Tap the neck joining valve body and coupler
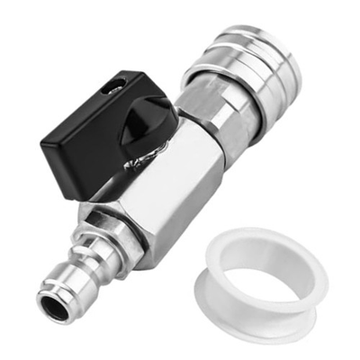202,121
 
